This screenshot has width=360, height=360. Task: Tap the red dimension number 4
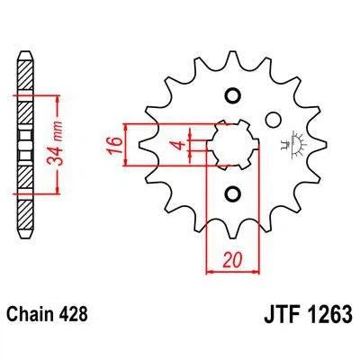pyautogui.click(x=180, y=145)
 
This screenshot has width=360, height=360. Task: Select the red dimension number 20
pyautogui.click(x=233, y=260)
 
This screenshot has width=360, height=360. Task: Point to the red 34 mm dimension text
pyautogui.click(x=55, y=144)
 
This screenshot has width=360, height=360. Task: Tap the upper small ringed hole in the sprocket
pyautogui.click(x=233, y=96)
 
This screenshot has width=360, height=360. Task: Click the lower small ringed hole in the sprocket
pyautogui.click(x=233, y=194)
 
